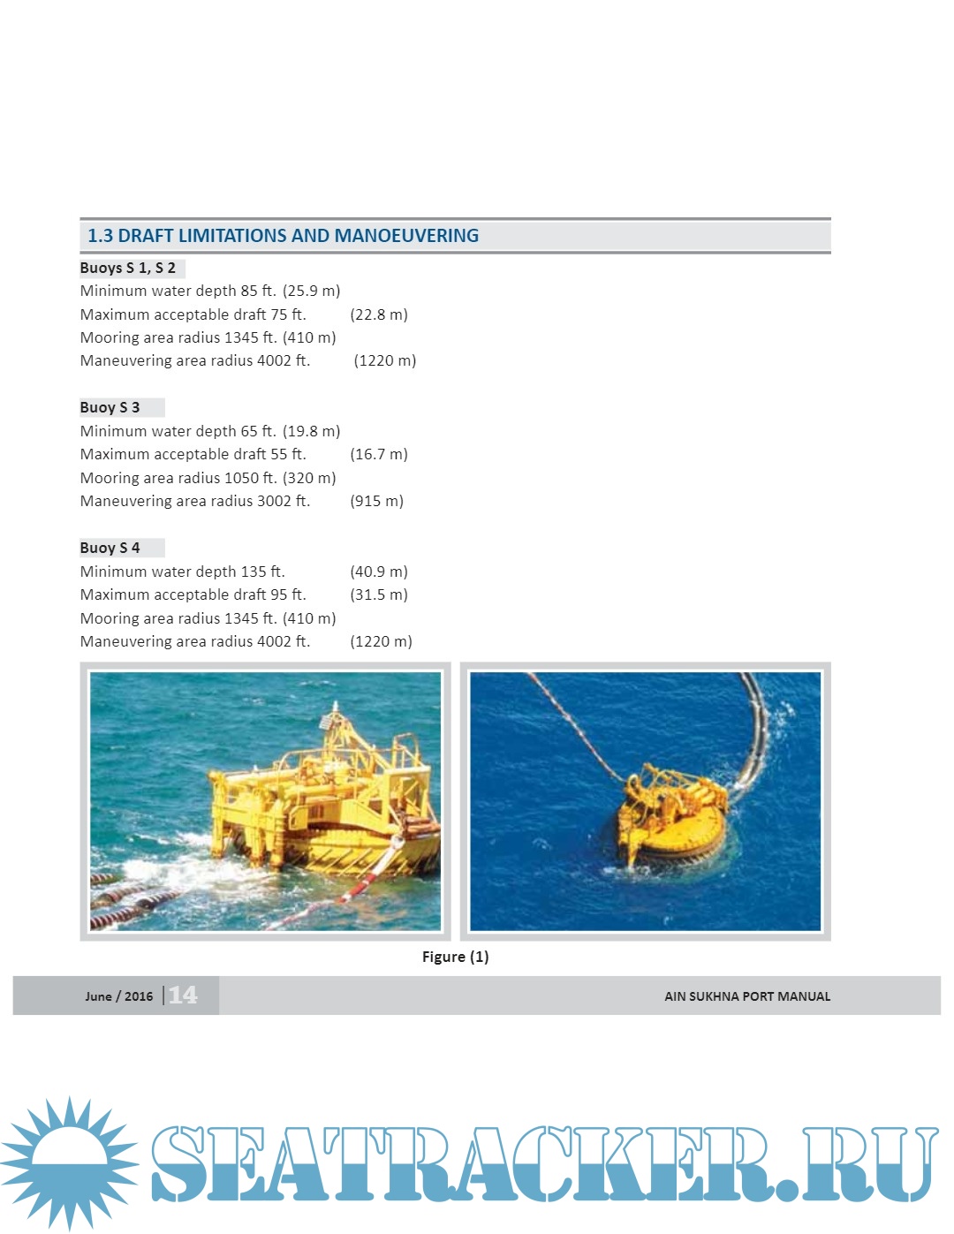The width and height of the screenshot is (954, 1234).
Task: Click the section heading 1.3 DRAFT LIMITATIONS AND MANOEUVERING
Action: [x=283, y=236]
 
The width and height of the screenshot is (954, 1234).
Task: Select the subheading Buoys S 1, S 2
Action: [x=128, y=268]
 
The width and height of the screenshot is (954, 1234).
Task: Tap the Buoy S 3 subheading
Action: [x=110, y=407]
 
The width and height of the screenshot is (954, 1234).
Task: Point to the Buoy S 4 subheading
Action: [x=110, y=548]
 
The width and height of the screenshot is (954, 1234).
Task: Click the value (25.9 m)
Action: [x=311, y=291]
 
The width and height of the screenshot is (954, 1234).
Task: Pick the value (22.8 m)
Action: [x=379, y=314]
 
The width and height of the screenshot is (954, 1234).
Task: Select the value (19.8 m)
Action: [x=311, y=431]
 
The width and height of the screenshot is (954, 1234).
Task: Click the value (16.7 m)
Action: [x=379, y=454]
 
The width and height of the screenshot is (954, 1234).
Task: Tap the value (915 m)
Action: [x=376, y=501]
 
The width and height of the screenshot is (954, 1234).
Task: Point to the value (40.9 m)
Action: [x=379, y=572]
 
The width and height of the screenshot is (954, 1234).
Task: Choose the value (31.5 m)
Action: [x=379, y=594]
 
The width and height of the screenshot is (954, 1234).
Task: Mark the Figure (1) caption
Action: [x=455, y=957]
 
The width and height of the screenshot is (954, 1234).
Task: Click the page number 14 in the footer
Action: [x=183, y=996]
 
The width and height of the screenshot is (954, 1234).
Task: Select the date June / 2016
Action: [x=118, y=996]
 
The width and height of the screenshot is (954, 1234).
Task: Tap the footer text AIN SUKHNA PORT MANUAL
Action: [x=747, y=996]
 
